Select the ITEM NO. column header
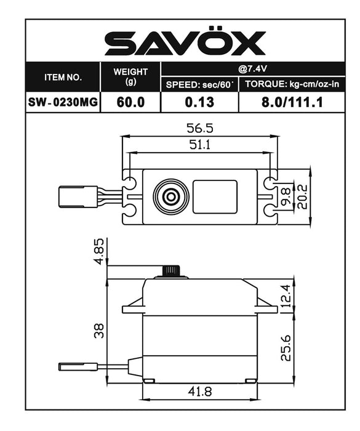[x=63, y=78]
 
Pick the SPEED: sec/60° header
[x=200, y=84]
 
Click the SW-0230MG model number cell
[x=63, y=102]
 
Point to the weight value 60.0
[x=130, y=102]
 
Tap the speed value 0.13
[x=200, y=102]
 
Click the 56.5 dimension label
[x=199, y=129]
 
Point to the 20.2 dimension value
[x=302, y=196]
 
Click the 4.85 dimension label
[x=99, y=252]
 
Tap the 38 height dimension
[x=99, y=330]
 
